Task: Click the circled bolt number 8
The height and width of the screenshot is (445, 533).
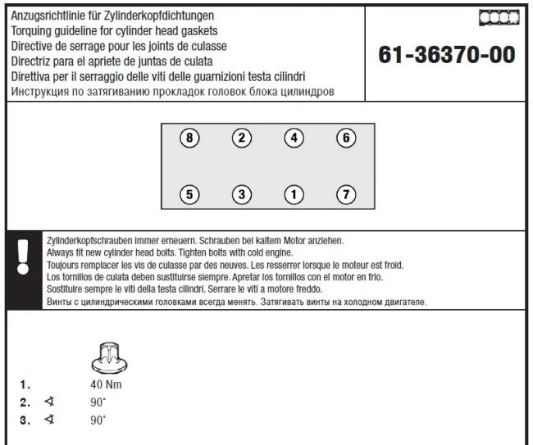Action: pyautogui.click(x=189, y=138)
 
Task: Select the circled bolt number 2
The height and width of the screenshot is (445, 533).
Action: pyautogui.click(x=241, y=138)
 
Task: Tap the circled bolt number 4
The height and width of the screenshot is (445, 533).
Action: pyautogui.click(x=294, y=138)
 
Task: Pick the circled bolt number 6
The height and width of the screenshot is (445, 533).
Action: pyautogui.click(x=346, y=138)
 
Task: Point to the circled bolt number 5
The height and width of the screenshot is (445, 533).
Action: pyautogui.click(x=189, y=194)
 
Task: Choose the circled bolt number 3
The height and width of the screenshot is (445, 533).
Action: pyautogui.click(x=241, y=194)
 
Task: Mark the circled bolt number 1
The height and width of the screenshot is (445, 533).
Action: pyautogui.click(x=294, y=194)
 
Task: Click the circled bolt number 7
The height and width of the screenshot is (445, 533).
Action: pyautogui.click(x=346, y=194)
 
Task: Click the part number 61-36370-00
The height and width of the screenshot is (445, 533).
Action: pyautogui.click(x=447, y=55)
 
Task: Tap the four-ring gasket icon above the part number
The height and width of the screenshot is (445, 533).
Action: pyautogui.click(x=498, y=17)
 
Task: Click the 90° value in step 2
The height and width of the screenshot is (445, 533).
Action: pyautogui.click(x=98, y=402)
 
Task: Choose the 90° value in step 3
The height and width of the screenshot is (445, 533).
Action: pyautogui.click(x=98, y=420)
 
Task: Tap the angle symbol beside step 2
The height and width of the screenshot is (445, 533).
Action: pyautogui.click(x=49, y=402)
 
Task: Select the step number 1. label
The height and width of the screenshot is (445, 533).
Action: pyautogui.click(x=25, y=384)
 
